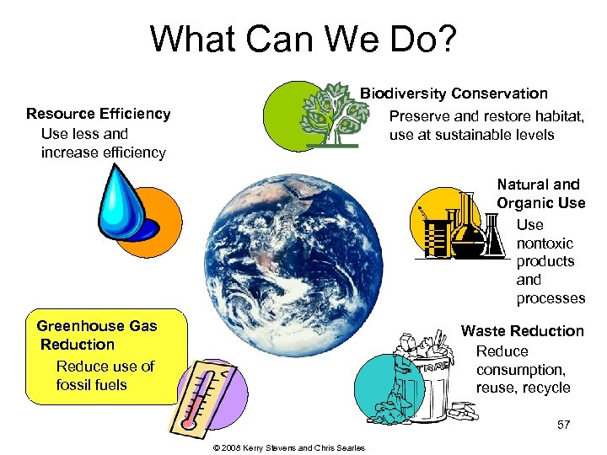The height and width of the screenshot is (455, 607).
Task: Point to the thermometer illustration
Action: (x=200, y=397)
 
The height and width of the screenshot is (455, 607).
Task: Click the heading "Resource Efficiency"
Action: (x=98, y=114)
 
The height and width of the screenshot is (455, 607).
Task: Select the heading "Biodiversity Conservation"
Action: (x=454, y=94)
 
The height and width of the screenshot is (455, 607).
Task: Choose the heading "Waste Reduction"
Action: (x=522, y=331)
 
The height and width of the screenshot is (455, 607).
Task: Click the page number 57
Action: (x=563, y=425)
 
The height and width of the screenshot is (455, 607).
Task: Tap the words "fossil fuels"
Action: (x=91, y=385)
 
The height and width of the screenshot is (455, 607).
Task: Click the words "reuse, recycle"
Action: (x=523, y=388)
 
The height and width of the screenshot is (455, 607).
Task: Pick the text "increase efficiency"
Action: (x=103, y=153)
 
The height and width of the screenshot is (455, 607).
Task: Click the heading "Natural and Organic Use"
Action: (x=540, y=194)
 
